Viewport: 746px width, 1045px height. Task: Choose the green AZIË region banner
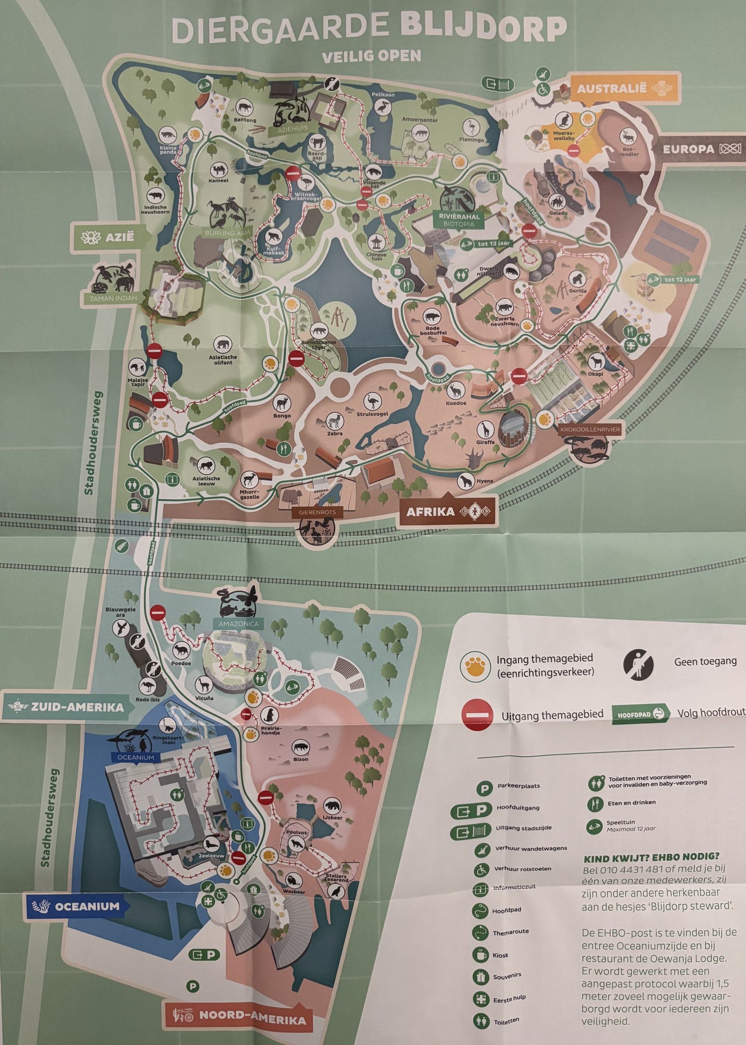coord(109,237)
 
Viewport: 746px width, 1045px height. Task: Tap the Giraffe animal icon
coord(485,428)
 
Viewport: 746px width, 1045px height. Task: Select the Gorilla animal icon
coord(578,279)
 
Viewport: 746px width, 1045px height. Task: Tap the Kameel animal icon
coord(218,169)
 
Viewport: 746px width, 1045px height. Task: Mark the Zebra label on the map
coord(335,433)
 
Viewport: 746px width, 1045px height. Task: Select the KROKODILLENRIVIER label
coord(590,429)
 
